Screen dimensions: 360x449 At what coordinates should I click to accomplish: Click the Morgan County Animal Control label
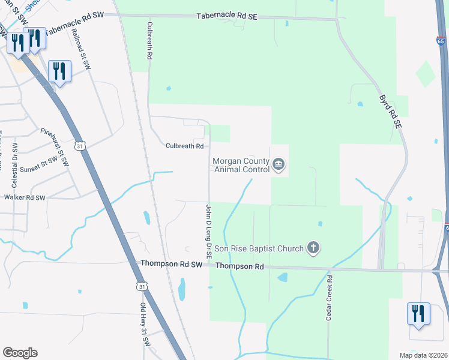click(x=241, y=165)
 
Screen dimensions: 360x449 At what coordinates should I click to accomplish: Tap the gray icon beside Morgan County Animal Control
click(x=278, y=164)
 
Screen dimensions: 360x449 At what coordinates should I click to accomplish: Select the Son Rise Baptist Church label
click(x=259, y=248)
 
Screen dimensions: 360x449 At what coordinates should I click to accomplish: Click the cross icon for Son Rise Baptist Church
click(x=313, y=247)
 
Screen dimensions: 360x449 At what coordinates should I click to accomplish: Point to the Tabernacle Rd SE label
click(x=227, y=17)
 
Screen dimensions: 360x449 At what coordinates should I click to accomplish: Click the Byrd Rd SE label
click(x=390, y=112)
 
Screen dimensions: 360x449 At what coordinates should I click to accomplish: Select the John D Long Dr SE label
click(x=208, y=231)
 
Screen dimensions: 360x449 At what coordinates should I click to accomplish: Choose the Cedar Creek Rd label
click(x=329, y=298)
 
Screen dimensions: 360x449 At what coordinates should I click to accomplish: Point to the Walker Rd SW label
click(x=25, y=197)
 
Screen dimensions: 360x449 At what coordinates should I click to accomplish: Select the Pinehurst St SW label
click(x=55, y=147)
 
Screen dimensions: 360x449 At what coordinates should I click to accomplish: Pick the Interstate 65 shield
click(x=441, y=41)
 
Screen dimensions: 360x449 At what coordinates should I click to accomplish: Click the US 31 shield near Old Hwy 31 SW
click(x=141, y=287)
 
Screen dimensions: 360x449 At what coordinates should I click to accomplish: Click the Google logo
click(x=20, y=353)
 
